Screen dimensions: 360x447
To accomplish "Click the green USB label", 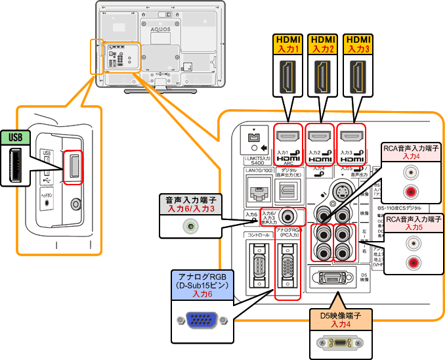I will (x=15, y=137).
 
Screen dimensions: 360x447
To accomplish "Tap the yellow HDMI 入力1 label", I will (x=287, y=44).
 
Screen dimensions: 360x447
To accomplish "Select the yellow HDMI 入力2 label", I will (x=322, y=44).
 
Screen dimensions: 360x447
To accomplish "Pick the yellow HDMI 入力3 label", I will (x=358, y=44).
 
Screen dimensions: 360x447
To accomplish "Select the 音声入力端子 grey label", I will (x=190, y=203).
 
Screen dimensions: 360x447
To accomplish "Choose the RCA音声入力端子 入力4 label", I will (x=412, y=152).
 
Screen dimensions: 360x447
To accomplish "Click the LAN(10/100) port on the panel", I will (x=257, y=191).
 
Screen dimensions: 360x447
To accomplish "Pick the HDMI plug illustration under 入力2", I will (x=322, y=75).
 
